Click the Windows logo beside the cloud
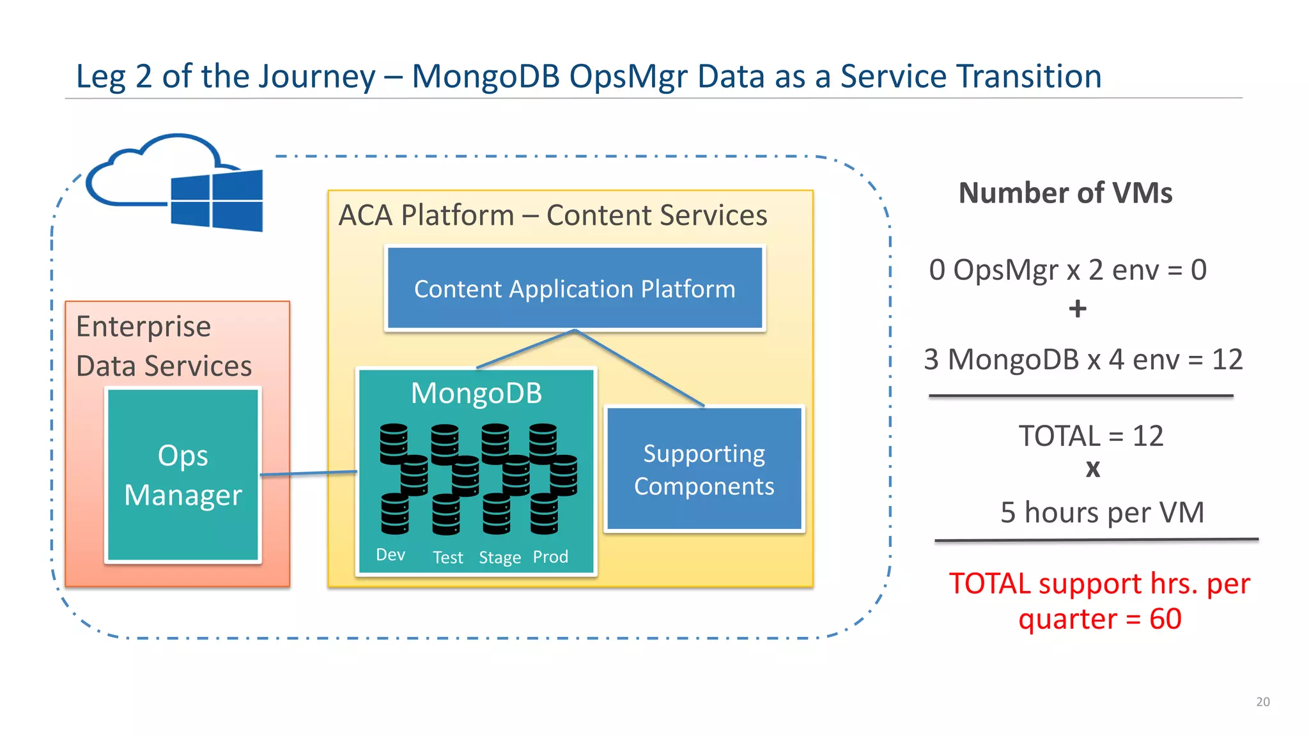pyautogui.click(x=217, y=201)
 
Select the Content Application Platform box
pyautogui.click(x=575, y=289)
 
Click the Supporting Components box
pyautogui.click(x=704, y=470)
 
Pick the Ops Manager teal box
pyautogui.click(x=183, y=475)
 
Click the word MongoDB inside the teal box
pyautogui.click(x=476, y=393)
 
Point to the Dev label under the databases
pyautogui.click(x=391, y=555)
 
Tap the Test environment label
pyautogui.click(x=447, y=558)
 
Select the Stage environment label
pyautogui.click(x=500, y=558)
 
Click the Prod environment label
pyautogui.click(x=550, y=556)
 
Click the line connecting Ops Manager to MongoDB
pyautogui.click(x=309, y=473)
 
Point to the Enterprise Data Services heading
pyautogui.click(x=164, y=346)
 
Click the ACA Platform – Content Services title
pyautogui.click(x=553, y=215)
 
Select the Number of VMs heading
pyautogui.click(x=1065, y=193)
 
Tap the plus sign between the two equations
pyautogui.click(x=1078, y=309)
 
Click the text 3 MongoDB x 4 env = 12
pyautogui.click(x=1083, y=360)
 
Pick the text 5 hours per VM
pyautogui.click(x=1102, y=512)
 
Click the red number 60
pyautogui.click(x=1165, y=619)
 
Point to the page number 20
pyautogui.click(x=1262, y=701)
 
